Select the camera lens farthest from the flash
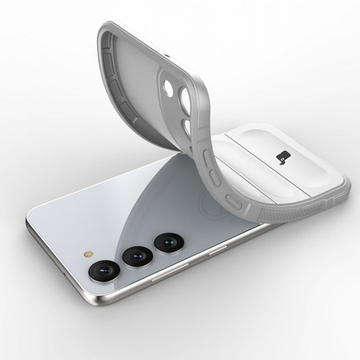pyautogui.click(x=168, y=239)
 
